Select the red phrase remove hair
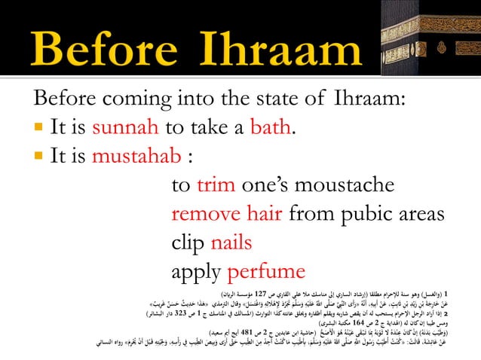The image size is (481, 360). (x=227, y=215)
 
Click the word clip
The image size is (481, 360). (x=188, y=243)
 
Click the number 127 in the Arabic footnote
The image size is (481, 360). (x=261, y=291)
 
